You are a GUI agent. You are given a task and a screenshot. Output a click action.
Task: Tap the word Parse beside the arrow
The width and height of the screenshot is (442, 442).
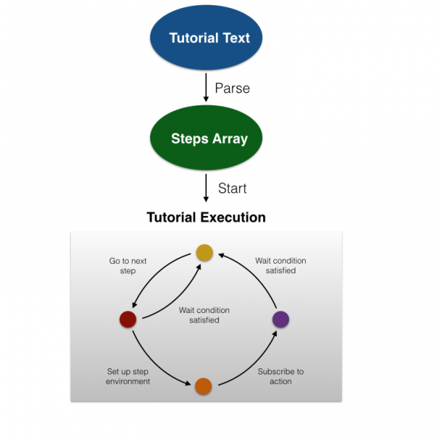[232, 88]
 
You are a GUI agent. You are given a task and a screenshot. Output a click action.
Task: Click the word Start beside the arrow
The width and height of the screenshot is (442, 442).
[232, 189]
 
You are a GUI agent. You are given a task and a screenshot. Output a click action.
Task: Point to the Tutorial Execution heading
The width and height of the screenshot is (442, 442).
[206, 217]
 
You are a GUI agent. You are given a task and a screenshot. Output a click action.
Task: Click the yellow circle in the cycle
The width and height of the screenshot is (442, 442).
[204, 253]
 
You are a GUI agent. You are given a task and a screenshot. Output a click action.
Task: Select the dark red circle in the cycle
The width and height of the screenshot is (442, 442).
[127, 320]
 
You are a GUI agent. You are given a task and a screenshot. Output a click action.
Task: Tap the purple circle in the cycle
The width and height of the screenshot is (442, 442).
[280, 320]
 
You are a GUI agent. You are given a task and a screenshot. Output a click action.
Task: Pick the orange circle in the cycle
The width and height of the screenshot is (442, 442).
[204, 386]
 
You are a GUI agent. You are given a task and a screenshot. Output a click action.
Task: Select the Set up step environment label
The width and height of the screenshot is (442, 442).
[127, 376]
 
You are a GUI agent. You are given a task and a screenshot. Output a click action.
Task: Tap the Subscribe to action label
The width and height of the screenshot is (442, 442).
[280, 376]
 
